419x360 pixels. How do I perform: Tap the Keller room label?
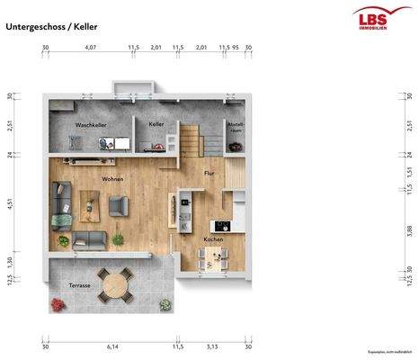[x=156, y=123]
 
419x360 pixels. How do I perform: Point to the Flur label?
[x=209, y=172]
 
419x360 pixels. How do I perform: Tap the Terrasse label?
[x=80, y=285]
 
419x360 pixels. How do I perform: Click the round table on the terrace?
[x=114, y=288]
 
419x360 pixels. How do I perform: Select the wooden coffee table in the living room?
[x=91, y=206]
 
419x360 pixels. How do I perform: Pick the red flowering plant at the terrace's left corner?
[x=58, y=304]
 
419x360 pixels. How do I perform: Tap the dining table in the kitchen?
[x=214, y=257]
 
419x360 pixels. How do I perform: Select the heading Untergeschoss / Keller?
[x=51, y=27]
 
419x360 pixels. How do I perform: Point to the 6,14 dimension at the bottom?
[x=112, y=346]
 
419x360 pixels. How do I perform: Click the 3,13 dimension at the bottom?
[x=212, y=346]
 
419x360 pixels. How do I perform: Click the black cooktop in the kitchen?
[x=220, y=225]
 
